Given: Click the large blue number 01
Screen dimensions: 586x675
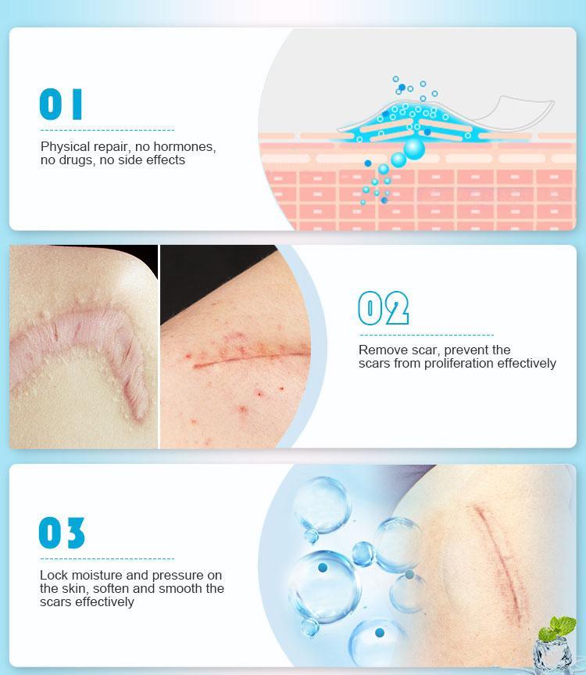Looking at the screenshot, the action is coord(61,104).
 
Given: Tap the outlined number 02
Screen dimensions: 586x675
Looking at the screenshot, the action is coord(384,308).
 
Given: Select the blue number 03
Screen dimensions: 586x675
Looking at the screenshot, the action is coord(62,533).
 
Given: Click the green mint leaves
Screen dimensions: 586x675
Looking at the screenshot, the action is coord(558,627).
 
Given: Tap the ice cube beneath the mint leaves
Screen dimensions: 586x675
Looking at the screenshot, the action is coord(552,655).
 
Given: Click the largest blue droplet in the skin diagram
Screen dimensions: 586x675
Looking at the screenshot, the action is coord(414,148).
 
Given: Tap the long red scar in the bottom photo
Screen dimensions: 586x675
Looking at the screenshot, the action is coord(501,559).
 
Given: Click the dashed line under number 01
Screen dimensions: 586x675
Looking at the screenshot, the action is coord(108,130).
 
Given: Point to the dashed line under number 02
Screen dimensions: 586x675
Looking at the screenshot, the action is coord(427,335).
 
